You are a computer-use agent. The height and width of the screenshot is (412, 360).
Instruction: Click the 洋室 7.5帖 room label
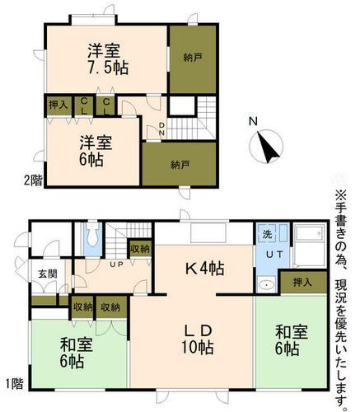tap(108, 59)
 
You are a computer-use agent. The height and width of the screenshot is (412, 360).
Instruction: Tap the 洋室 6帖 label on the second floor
tap(96, 151)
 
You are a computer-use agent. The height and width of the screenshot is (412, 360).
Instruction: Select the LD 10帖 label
tap(198, 339)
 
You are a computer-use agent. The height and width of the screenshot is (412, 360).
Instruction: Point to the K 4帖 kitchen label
tap(205, 269)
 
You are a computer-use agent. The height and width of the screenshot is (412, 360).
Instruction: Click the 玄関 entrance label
tap(48, 274)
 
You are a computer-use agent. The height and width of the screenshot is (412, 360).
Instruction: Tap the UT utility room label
tap(274, 255)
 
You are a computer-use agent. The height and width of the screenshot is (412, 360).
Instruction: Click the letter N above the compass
tap(253, 121)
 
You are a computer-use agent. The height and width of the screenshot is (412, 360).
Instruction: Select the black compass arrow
tap(268, 147)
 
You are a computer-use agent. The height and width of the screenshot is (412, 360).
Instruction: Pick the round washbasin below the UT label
tap(266, 285)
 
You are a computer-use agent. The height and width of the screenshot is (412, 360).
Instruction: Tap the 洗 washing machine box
tap(267, 234)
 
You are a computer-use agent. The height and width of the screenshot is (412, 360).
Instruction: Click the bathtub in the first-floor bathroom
tap(310, 246)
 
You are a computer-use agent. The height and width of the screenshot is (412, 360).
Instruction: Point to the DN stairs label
tap(162, 129)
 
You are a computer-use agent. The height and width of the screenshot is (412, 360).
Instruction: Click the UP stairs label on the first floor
tap(116, 265)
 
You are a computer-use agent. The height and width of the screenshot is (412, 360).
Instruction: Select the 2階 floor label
tap(33, 180)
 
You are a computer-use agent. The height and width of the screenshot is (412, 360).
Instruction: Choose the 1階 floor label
tap(14, 383)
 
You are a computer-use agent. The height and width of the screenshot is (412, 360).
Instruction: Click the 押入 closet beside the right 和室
tap(303, 282)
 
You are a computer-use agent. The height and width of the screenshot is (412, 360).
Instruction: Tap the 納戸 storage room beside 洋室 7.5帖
tap(193, 59)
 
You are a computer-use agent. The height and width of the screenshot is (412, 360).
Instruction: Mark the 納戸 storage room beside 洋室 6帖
tap(180, 164)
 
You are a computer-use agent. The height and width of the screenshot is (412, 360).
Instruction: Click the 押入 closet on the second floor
tap(58, 105)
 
